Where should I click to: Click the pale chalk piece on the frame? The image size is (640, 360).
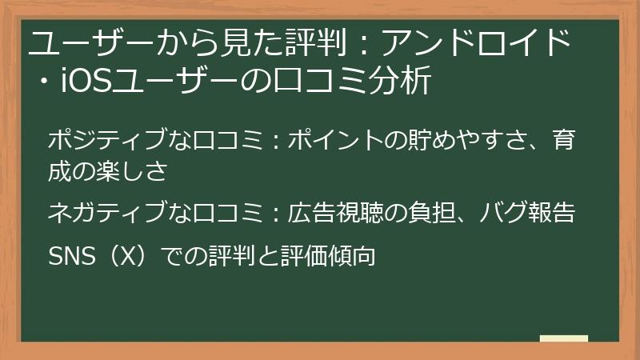[x=563, y=339]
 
